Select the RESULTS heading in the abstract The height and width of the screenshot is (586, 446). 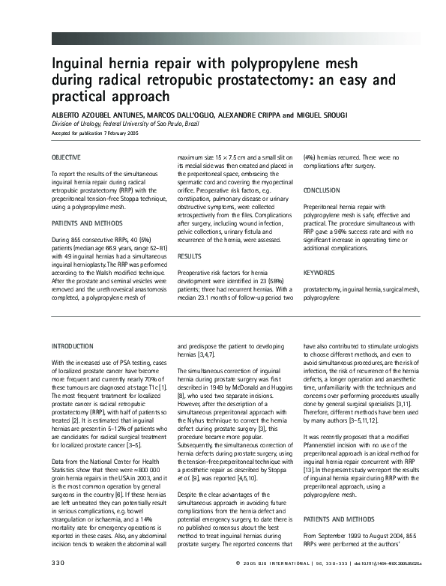[189, 256]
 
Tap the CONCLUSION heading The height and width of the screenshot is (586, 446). [322, 190]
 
